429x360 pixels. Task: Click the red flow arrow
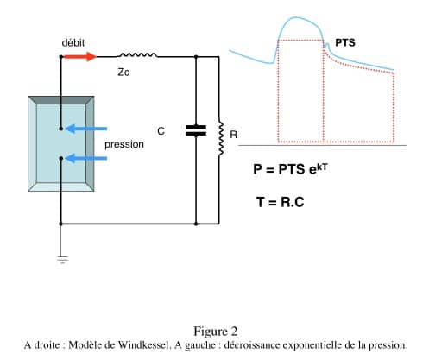coord(79,57)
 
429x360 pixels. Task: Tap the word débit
coord(73,43)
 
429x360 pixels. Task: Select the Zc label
coord(123,72)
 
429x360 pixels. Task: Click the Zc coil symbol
coord(138,54)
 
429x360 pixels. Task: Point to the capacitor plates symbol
coord(196,130)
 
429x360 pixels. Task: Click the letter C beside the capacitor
coord(161,131)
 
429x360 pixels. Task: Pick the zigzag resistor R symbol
coord(221,139)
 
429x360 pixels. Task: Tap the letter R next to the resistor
coord(234,135)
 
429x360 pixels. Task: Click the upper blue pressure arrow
coord(86,129)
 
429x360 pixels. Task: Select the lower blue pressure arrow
coord(86,158)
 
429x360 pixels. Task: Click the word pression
coord(124,144)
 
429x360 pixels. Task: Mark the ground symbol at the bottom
coord(62,259)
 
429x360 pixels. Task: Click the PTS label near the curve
coord(345,43)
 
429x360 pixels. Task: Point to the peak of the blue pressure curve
coord(296,17)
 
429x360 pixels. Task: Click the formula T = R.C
coord(281,202)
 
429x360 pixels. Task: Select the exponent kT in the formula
coord(322,167)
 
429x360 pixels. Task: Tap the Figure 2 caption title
coord(216,332)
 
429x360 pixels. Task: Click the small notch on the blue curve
coord(327,45)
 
